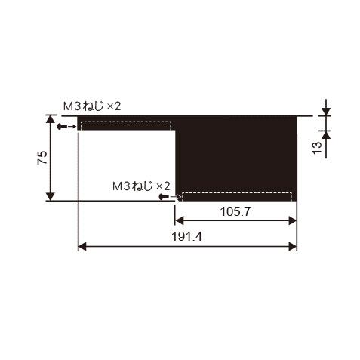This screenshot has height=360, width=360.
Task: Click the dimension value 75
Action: [x=42, y=158]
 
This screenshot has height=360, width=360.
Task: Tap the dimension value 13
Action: [x=317, y=148]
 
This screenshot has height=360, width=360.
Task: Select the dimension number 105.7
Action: [x=235, y=211]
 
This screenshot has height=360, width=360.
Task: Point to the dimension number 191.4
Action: [x=186, y=236]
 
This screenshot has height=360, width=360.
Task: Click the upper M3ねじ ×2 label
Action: [x=92, y=106]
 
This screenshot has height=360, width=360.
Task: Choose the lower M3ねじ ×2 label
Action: [x=141, y=186]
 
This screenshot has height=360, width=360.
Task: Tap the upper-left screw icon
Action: [x=63, y=126]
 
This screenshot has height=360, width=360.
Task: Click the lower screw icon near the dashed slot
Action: [x=165, y=197]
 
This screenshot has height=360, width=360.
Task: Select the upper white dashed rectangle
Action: [x=126, y=125]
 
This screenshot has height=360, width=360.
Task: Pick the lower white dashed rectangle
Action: [x=237, y=196]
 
